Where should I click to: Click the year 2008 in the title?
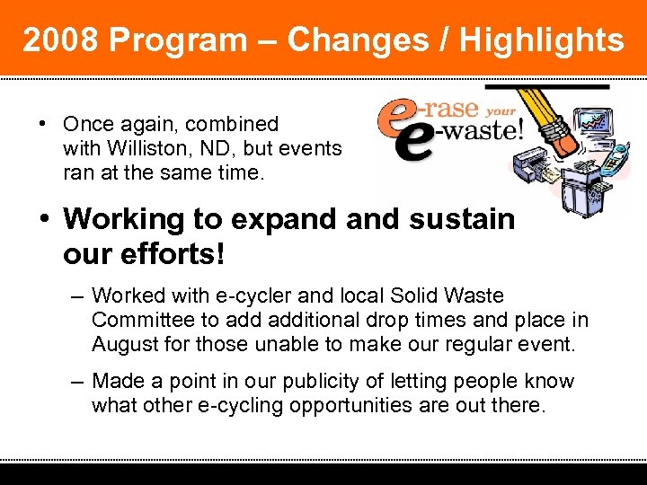pos(60,40)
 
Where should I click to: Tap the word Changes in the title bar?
pos(357,40)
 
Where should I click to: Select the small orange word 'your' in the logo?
pos(501,110)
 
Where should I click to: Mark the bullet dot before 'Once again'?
pos(42,124)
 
